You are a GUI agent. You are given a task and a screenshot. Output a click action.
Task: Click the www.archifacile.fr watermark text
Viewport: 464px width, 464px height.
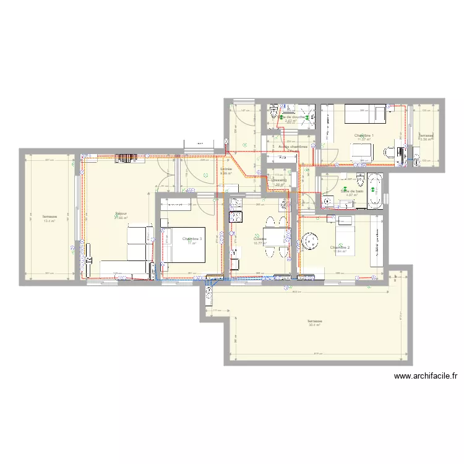pyautogui.click(x=424, y=375)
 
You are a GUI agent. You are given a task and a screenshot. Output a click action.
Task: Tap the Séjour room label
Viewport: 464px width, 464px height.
pyautogui.click(x=121, y=214)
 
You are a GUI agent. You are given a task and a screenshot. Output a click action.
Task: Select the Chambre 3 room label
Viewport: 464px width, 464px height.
pyautogui.click(x=192, y=238)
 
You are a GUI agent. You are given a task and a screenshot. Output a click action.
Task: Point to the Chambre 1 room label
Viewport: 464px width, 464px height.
pyautogui.click(x=363, y=135)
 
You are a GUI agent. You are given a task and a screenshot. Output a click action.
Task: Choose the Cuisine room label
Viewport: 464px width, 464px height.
pyautogui.click(x=260, y=239)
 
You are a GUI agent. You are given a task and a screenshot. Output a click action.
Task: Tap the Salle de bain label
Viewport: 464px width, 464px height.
pyautogui.click(x=352, y=191)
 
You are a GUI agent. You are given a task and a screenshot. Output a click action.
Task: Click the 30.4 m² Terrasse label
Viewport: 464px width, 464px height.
pyautogui.click(x=315, y=322)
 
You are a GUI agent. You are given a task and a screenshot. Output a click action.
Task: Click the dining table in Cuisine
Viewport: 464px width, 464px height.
pyautogui.click(x=273, y=236)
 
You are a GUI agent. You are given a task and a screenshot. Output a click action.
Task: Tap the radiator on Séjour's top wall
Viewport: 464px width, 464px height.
pyautogui.click(x=124, y=158)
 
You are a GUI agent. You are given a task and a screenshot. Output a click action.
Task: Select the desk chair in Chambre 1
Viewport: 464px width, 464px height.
pyautogui.click(x=389, y=152)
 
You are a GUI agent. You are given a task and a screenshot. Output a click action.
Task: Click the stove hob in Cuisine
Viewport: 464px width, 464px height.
pyautogui.click(x=235, y=217)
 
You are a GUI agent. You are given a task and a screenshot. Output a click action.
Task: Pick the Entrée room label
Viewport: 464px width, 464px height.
pyautogui.click(x=226, y=168)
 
